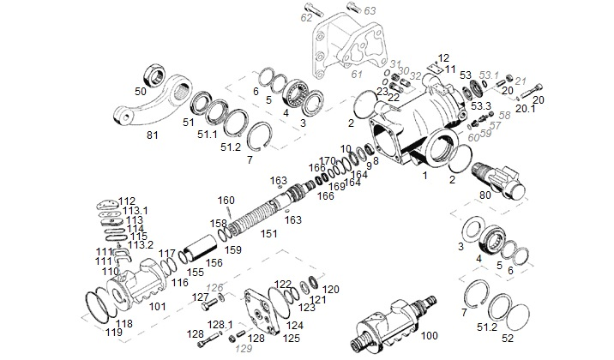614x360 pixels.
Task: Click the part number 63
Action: point(370,10)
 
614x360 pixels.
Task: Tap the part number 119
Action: point(111,331)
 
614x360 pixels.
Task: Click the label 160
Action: point(225,201)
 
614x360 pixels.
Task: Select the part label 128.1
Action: point(221,324)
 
